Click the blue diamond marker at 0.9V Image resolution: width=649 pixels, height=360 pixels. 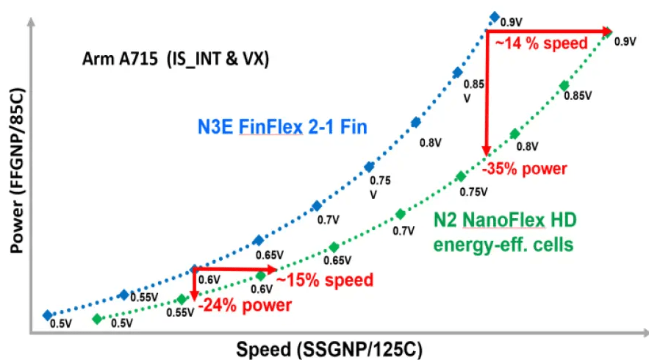coord(495,17)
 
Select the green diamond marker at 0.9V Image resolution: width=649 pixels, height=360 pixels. coord(609,31)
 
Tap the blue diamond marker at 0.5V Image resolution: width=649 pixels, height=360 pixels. coord(48,314)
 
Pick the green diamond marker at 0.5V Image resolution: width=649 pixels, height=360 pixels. coord(96,319)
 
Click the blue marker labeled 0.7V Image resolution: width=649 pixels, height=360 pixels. coord(317,206)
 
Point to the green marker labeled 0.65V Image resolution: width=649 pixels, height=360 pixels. coord(334,247)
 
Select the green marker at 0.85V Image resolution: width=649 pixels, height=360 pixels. coord(564,86)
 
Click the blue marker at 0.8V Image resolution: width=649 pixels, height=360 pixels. coord(415,122)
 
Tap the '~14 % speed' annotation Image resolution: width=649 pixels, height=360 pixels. coord(541,44)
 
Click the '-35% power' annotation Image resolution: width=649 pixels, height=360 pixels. coord(524,169)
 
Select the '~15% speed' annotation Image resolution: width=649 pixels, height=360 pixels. coord(324,280)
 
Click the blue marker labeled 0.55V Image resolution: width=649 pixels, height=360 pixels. coord(123,295)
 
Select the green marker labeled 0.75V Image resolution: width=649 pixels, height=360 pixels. coord(460,176)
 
